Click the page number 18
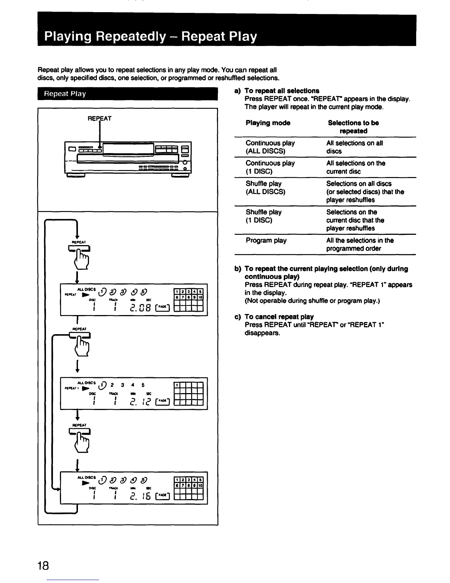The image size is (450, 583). pos(43,565)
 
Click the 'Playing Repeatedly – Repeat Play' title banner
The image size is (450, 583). pos(151,37)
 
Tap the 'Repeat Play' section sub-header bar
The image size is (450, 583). pos(128,94)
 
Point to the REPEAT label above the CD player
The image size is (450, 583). pos(99,119)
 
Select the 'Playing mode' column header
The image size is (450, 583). pos(268,123)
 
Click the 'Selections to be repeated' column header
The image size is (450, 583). pos(353,127)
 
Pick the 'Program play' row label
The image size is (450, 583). pos(266,240)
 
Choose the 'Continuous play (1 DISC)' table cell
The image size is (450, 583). pos(270,167)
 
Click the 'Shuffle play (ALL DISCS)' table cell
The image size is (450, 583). pos(265,188)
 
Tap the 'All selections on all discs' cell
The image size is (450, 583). pos(354,147)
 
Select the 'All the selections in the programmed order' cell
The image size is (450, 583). pos(360,244)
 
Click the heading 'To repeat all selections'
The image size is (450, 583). pos(282,91)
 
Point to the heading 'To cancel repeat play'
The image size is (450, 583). pos(279,317)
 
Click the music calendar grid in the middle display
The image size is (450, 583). pos(188,393)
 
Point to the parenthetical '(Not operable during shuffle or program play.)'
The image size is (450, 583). pos(312,301)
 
